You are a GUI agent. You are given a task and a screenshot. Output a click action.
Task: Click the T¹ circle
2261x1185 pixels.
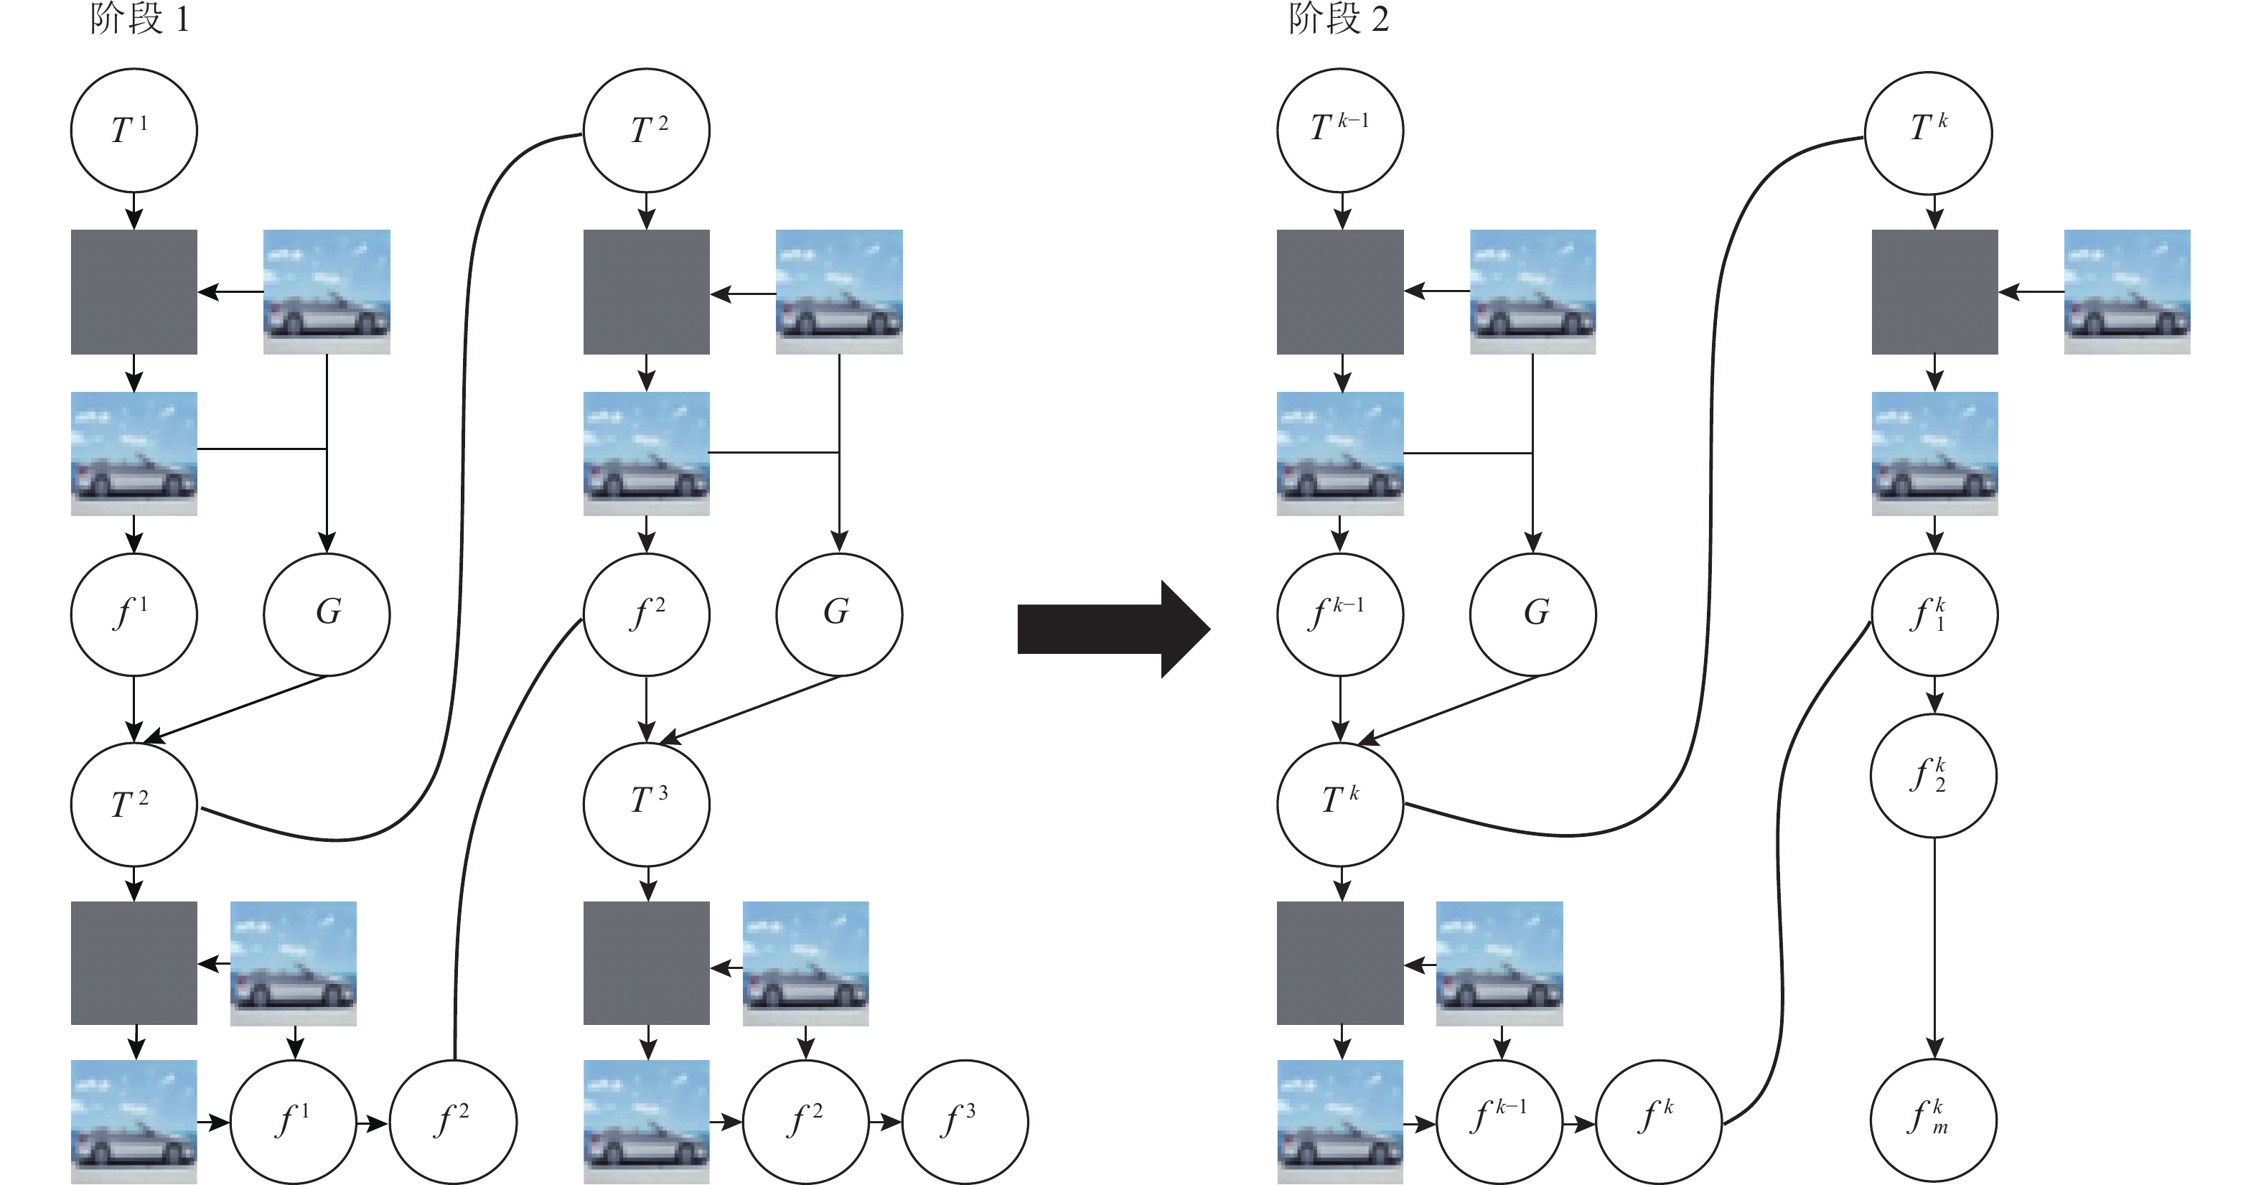click(134, 131)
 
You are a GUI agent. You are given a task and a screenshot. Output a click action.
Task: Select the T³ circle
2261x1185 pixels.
click(647, 804)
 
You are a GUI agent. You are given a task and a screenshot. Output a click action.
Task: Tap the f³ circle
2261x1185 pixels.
click(965, 1122)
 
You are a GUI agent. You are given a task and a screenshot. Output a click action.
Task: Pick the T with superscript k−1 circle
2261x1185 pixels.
click(1339, 131)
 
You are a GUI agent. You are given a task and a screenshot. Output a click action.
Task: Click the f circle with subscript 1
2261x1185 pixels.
click(1934, 614)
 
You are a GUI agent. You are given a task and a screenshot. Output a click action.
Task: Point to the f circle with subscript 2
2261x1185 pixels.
click(1934, 776)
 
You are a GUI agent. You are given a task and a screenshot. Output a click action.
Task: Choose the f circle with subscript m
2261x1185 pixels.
click(1934, 1120)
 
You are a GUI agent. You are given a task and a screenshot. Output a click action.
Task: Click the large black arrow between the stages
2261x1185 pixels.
click(1113, 629)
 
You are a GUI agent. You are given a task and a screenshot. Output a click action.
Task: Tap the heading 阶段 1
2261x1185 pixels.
click(139, 19)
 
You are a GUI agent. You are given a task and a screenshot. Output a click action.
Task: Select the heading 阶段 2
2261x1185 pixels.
click(1339, 19)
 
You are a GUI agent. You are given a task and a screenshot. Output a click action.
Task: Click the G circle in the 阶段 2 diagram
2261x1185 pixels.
click(1532, 614)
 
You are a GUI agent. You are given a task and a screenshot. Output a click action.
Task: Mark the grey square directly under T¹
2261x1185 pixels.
click(134, 292)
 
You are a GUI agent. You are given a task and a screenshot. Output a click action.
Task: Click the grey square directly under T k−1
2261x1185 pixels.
click(1339, 292)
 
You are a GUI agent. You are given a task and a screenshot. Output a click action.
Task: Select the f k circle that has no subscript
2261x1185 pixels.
click(1658, 1122)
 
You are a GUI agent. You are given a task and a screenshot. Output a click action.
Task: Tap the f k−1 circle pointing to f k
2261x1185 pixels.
click(1499, 1122)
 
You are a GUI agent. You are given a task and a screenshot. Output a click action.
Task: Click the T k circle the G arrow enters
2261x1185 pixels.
click(1339, 804)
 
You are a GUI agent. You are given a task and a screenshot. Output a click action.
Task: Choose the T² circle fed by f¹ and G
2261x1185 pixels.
click(134, 804)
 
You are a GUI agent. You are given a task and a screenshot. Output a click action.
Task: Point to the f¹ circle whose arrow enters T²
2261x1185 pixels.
click(134, 614)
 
